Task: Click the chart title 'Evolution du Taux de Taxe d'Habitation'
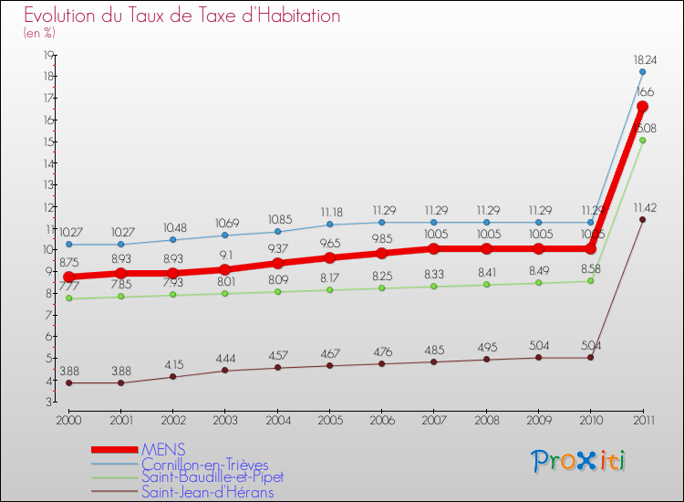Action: tap(182, 16)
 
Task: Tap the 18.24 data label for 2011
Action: tap(642, 59)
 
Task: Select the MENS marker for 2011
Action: tap(642, 106)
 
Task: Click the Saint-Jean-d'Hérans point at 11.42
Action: tap(642, 219)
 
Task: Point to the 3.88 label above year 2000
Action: tap(68, 371)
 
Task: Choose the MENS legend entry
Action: tap(163, 449)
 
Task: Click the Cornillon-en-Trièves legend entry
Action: tap(204, 464)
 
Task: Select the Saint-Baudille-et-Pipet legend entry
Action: tap(212, 477)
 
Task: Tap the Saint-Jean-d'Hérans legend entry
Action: tap(207, 492)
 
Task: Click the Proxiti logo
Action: tap(579, 461)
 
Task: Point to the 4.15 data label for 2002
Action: tap(173, 365)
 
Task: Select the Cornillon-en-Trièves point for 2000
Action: tap(68, 245)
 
